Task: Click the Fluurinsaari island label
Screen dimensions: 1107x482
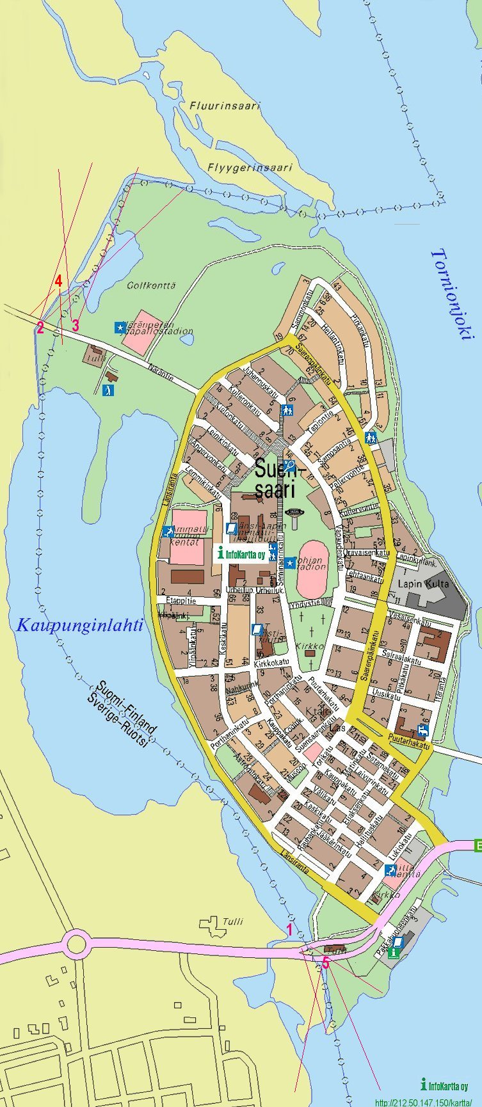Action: coord(225,106)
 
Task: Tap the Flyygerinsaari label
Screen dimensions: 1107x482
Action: coord(250,168)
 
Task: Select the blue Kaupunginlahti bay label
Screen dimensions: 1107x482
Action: coord(79,625)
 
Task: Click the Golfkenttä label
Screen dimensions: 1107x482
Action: coord(151,285)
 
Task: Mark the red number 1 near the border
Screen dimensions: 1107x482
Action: coord(289,930)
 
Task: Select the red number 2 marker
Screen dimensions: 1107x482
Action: coord(40,328)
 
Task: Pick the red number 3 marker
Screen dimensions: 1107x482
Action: coord(75,325)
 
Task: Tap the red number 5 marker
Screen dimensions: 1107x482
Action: coord(325,963)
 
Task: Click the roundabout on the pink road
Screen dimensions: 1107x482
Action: coord(76,943)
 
